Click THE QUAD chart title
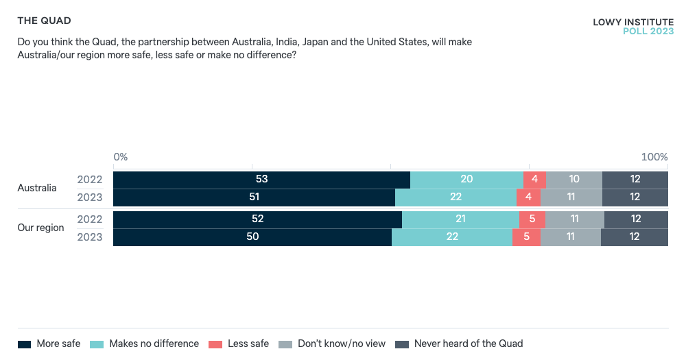pyautogui.click(x=44, y=21)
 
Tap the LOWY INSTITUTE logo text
pyautogui.click(x=633, y=23)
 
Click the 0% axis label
pyautogui.click(x=121, y=157)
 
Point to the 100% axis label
pyautogui.click(x=654, y=157)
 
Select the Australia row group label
pyautogui.click(x=37, y=188)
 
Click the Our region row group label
pyautogui.click(x=40, y=228)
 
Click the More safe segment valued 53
pyautogui.click(x=261, y=180)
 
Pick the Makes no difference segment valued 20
pyautogui.click(x=466, y=180)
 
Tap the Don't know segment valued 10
pyautogui.click(x=574, y=180)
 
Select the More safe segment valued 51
pyautogui.click(x=254, y=197)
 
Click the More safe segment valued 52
pyautogui.click(x=257, y=219)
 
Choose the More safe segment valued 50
pyautogui.click(x=252, y=237)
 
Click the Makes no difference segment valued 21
pyautogui.click(x=460, y=219)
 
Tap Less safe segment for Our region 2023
pyautogui.click(x=526, y=237)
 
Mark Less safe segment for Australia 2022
pyautogui.click(x=534, y=180)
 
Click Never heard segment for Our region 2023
pyautogui.click(x=635, y=237)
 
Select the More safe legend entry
pyautogui.click(x=49, y=344)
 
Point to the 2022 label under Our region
pyautogui.click(x=90, y=219)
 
